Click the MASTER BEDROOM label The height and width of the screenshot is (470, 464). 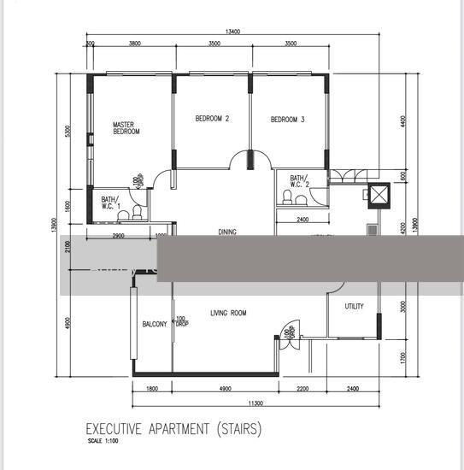click(x=126, y=128)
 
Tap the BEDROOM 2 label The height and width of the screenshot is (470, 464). click(x=212, y=120)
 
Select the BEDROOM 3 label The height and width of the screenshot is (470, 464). click(x=288, y=120)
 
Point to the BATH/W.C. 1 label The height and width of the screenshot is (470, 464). click(x=101, y=203)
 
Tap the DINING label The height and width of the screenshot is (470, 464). click(x=226, y=232)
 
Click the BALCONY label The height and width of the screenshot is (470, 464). click(x=154, y=324)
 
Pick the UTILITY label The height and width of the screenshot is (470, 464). click(x=354, y=306)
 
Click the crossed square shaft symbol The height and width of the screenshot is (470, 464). click(x=376, y=195)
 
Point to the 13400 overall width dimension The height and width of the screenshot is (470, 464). click(x=232, y=32)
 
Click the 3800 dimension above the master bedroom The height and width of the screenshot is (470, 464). click(x=134, y=43)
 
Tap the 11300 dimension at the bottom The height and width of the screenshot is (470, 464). click(x=255, y=404)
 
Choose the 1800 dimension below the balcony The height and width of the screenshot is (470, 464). click(x=151, y=390)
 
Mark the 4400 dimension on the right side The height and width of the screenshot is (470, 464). click(x=403, y=121)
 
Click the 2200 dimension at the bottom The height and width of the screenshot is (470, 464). click(x=302, y=390)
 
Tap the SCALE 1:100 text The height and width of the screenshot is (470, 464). click(x=104, y=442)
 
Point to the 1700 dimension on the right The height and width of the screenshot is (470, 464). click(x=403, y=358)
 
